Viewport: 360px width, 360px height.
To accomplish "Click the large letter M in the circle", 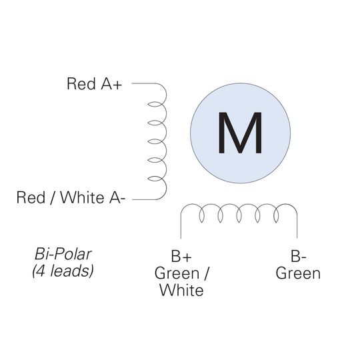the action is (x=240, y=133).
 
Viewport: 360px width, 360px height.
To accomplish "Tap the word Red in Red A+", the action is (x=81, y=83).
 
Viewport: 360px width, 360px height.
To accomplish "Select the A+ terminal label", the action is (x=111, y=83).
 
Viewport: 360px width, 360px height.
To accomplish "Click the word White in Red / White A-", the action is (x=82, y=197).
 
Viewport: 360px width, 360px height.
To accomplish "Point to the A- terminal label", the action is (x=117, y=197).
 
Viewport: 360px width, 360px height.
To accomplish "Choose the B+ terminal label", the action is (x=181, y=256).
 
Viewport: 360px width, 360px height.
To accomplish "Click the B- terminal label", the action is (x=299, y=256).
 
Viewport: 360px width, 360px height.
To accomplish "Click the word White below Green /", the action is (x=181, y=290).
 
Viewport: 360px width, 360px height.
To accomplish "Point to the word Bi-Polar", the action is (x=63, y=254).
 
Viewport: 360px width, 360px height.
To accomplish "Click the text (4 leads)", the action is (x=63, y=271).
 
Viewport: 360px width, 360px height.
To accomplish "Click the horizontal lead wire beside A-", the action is (x=144, y=199).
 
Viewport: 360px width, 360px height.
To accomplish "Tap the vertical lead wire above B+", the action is (x=181, y=226).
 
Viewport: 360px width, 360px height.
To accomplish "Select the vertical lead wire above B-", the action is (x=297, y=226).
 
